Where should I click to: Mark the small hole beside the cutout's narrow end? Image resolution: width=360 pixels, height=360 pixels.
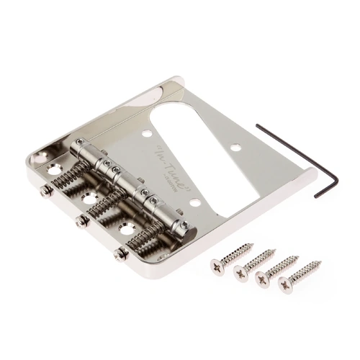point(147,133)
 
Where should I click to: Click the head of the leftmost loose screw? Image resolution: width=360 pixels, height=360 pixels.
point(217,265)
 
